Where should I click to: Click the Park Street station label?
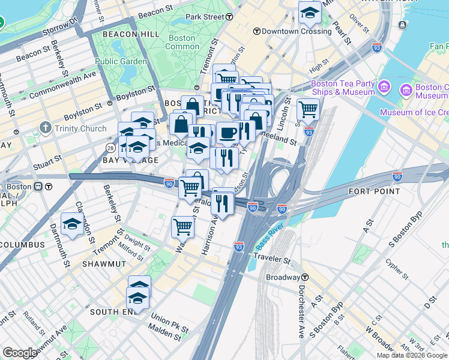204,17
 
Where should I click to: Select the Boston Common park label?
181,42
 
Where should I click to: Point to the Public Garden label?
121,61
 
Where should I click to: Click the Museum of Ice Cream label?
414,112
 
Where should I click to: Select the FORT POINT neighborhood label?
374,191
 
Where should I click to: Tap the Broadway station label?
283,277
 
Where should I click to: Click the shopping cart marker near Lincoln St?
308,109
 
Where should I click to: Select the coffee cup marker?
227,133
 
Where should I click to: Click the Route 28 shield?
110,148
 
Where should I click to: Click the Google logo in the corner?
20,353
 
